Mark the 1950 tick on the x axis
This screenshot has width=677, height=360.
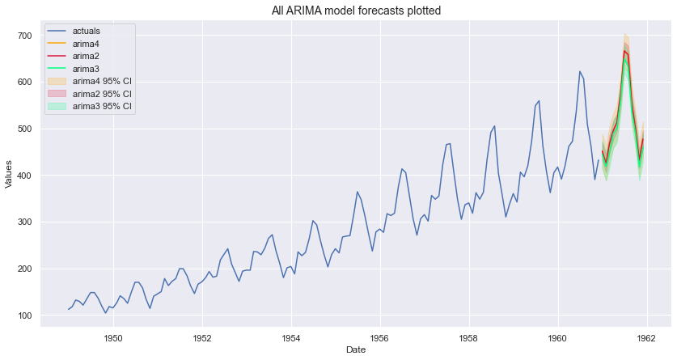tap(112, 336)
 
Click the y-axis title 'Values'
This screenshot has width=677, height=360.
tap(9, 175)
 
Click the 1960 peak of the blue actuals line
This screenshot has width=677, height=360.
tap(579, 72)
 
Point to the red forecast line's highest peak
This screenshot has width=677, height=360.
tap(624, 51)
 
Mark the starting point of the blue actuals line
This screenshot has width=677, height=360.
tap(69, 310)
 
